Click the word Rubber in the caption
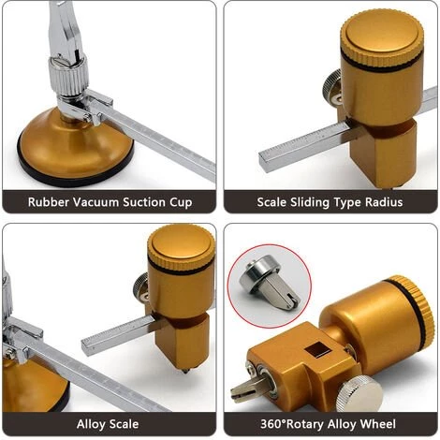point(48,202)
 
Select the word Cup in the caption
point(181,203)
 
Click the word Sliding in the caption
point(310,202)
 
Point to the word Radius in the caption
point(384,202)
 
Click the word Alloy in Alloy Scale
point(91,424)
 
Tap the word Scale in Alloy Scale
point(124,424)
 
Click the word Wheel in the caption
point(377,424)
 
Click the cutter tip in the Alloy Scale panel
point(185,371)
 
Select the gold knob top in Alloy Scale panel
point(181,245)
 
